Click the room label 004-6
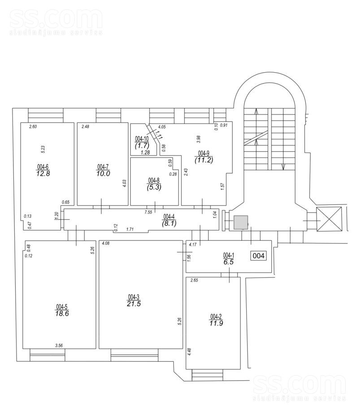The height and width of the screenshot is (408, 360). (x=43, y=167)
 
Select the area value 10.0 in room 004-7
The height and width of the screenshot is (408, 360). (x=103, y=173)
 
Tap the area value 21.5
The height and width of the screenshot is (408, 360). (x=134, y=304)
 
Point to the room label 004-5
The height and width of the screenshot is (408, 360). (x=61, y=307)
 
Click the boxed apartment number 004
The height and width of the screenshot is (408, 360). (x=259, y=256)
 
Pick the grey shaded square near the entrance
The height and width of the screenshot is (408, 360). (x=241, y=222)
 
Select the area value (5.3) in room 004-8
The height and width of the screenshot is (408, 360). (x=154, y=187)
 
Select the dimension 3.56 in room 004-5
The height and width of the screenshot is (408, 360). (x=59, y=345)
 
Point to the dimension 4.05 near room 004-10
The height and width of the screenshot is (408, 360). (x=162, y=127)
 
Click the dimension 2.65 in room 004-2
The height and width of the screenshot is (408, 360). (x=194, y=281)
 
